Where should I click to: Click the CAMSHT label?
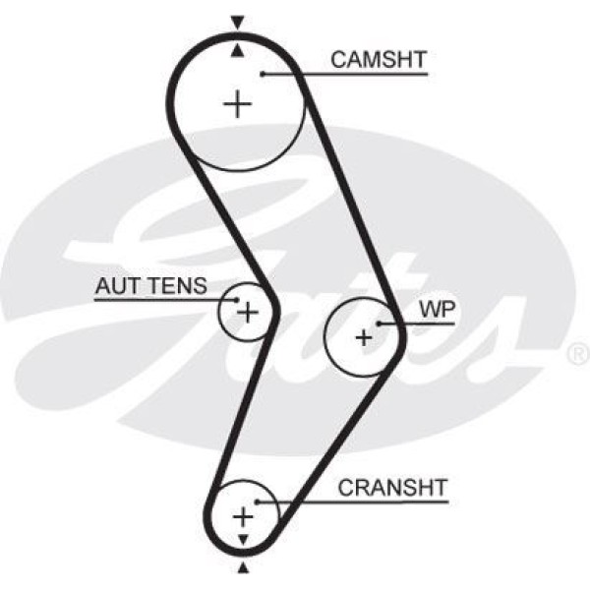[378, 59]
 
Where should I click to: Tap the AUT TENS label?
[150, 286]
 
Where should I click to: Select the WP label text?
[433, 308]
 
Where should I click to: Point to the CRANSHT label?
[391, 486]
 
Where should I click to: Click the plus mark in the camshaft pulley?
[237, 103]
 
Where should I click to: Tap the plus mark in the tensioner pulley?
[248, 314]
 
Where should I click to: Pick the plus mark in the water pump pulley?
[365, 337]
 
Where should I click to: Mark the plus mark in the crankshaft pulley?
[242, 516]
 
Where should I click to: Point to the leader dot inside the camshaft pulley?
[264, 74]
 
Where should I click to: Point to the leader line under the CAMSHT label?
[354, 74]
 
